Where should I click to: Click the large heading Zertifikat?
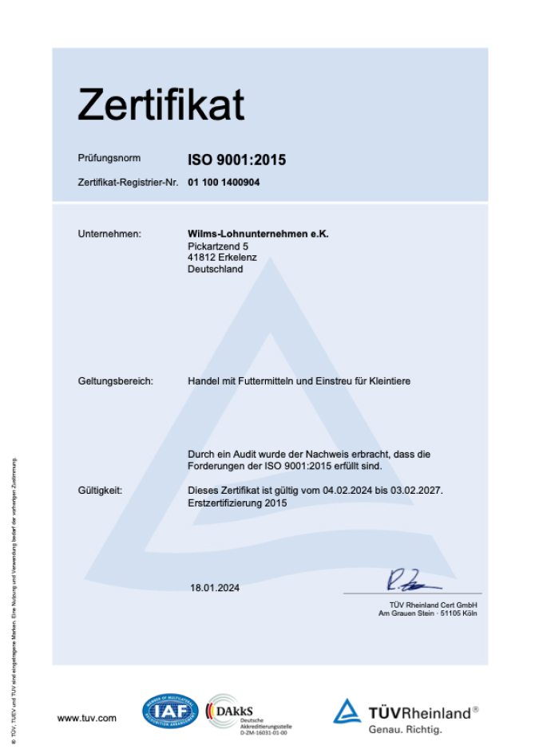point(161,104)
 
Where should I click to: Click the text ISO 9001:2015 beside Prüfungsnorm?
point(236,160)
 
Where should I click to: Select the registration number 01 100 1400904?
point(224,183)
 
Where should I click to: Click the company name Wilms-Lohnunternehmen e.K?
point(258,234)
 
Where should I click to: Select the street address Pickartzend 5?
point(218,246)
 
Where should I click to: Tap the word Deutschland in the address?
point(215,269)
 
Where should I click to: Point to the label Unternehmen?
point(109,234)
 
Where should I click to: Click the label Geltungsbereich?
point(115,381)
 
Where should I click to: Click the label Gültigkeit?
point(100,491)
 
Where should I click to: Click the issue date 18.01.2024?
point(214,588)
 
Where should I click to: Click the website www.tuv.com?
point(86,718)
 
